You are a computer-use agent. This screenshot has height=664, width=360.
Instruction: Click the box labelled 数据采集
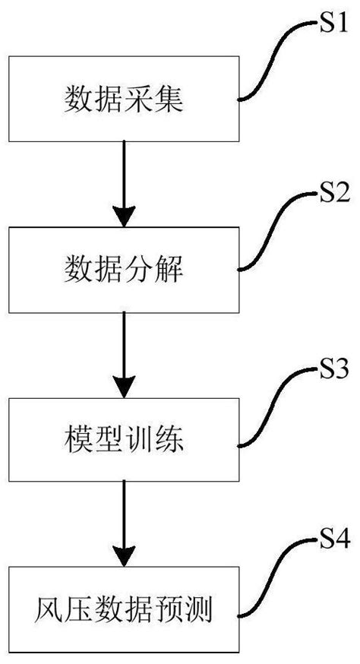(122, 99)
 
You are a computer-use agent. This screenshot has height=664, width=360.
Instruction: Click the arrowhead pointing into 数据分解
(122, 214)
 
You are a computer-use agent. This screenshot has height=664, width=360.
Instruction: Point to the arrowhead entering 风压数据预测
(122, 555)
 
